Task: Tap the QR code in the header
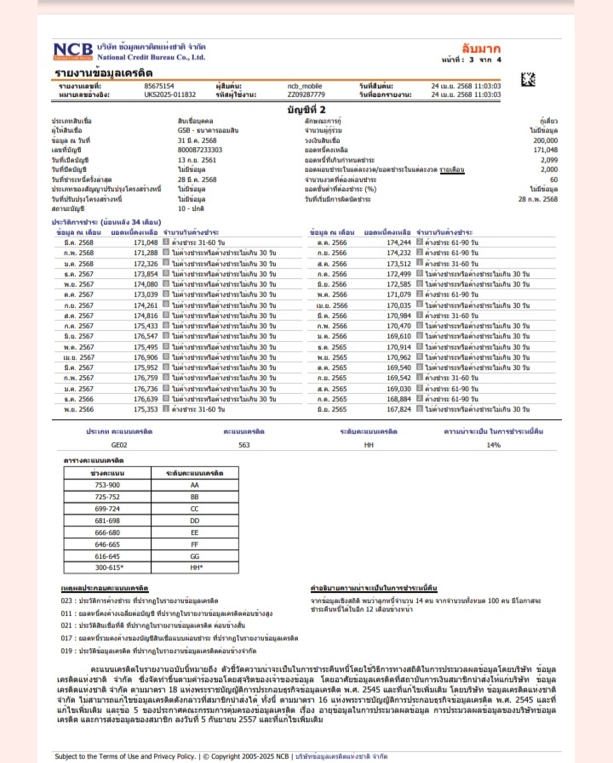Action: click(x=529, y=82)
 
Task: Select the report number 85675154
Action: click(x=159, y=87)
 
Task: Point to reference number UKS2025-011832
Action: click(x=170, y=94)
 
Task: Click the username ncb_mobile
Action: click(x=305, y=87)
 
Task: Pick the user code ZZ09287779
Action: click(x=306, y=94)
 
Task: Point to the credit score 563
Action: click(x=243, y=444)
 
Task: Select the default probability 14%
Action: click(x=493, y=444)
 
